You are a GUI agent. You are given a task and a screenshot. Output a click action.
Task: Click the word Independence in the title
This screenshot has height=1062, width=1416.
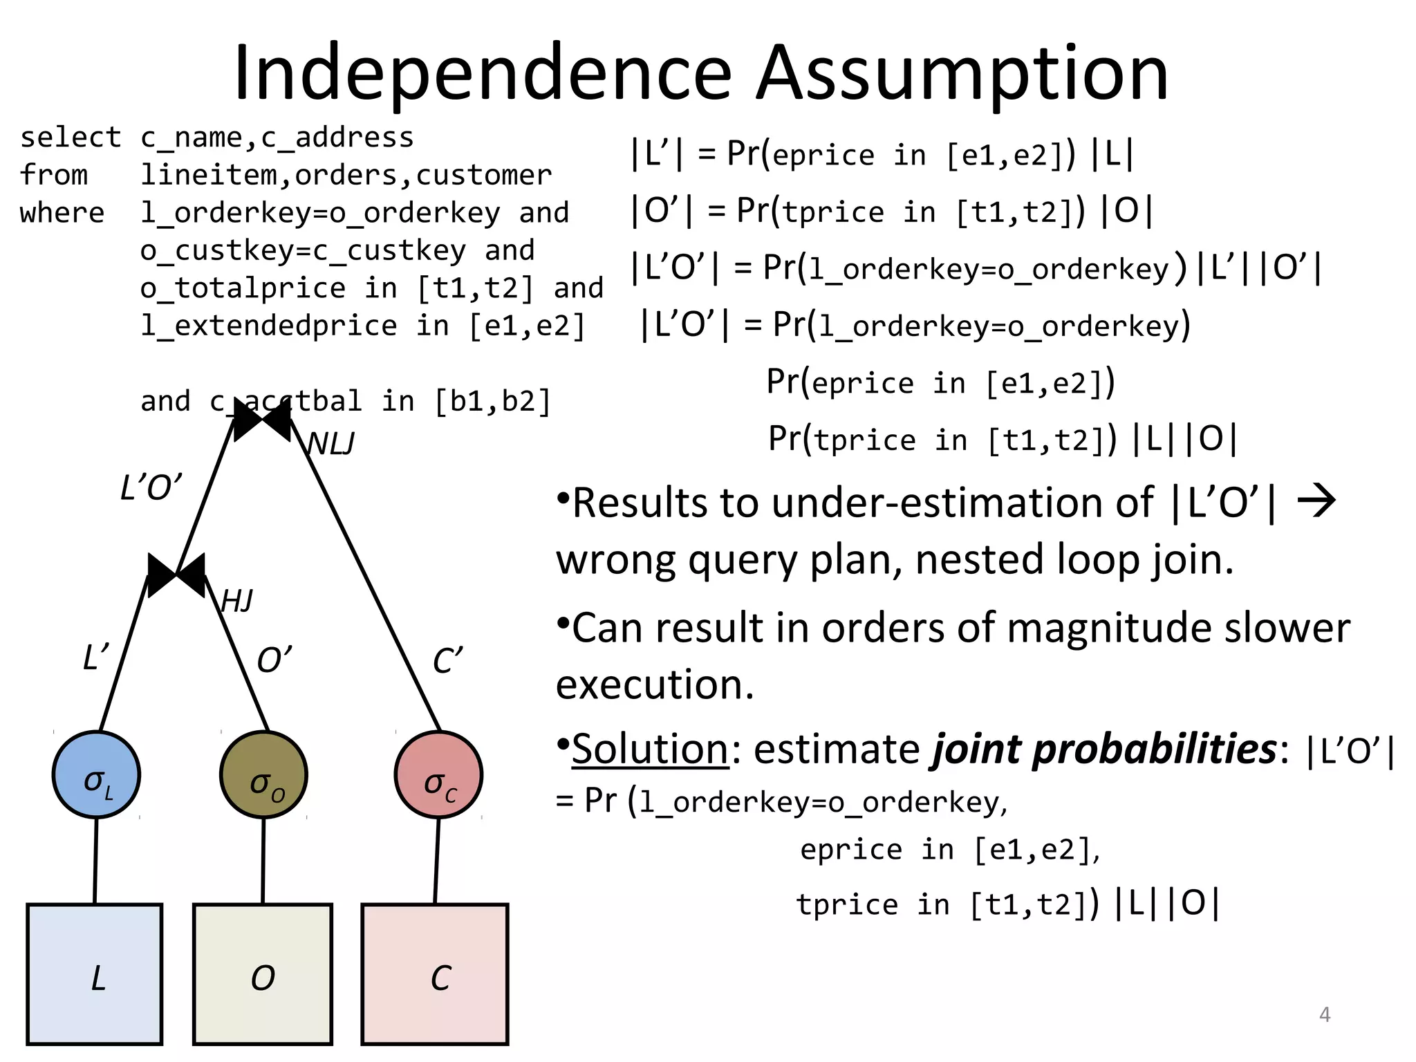[x=483, y=73]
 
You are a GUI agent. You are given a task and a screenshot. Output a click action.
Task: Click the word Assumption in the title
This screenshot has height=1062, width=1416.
[x=961, y=73]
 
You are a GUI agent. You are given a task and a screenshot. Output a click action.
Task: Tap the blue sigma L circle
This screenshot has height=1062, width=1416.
[x=96, y=774]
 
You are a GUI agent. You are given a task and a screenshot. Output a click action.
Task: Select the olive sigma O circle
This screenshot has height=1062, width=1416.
[x=263, y=774]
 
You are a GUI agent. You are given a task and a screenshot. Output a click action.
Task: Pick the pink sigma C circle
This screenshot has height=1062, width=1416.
[x=438, y=774]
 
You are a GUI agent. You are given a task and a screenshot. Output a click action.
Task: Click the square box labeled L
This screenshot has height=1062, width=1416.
[x=95, y=973]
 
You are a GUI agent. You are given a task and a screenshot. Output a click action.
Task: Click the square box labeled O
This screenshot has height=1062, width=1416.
[x=263, y=973]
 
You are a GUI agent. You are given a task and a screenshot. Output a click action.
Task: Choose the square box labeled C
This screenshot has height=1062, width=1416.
[x=435, y=973]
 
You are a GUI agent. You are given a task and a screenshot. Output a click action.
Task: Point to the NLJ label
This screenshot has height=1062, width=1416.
[x=330, y=444]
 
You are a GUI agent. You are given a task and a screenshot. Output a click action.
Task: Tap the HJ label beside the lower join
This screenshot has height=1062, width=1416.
[x=237, y=601]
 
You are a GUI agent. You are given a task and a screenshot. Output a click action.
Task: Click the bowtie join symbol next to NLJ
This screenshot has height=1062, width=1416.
[x=262, y=419]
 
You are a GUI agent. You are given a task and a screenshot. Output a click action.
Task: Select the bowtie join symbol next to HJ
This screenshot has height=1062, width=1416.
[x=176, y=575]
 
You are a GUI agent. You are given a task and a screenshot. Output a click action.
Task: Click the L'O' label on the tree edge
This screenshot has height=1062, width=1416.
[x=151, y=488]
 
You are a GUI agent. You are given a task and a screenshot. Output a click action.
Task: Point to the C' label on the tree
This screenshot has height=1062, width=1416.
[x=447, y=661]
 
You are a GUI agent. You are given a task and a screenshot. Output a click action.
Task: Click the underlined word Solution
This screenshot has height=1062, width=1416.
[x=650, y=749]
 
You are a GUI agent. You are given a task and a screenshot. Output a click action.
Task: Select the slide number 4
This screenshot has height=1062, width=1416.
[x=1325, y=1014]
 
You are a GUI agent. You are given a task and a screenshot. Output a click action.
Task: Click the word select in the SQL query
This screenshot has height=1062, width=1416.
[x=71, y=138]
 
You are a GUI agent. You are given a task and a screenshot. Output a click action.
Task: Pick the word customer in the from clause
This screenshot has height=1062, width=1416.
[x=484, y=175]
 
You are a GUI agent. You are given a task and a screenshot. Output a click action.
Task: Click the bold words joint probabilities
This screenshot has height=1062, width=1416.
[x=1104, y=749]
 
